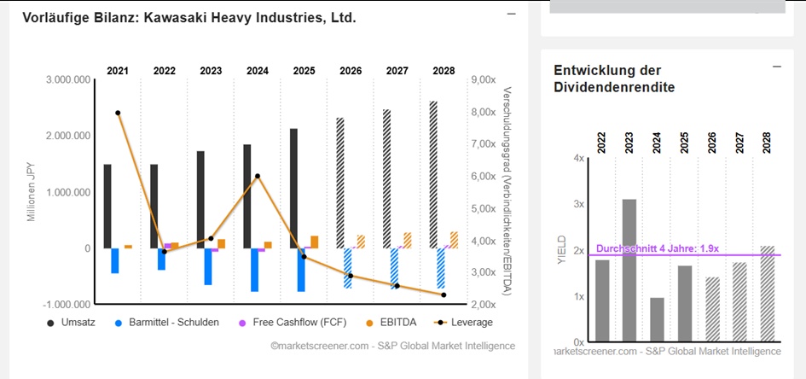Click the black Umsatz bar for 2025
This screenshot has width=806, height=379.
coord(293,188)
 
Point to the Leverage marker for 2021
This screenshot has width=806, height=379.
coord(118,113)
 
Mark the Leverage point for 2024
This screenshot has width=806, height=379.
coord(257,176)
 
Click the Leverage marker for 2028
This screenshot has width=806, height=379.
coord(444,295)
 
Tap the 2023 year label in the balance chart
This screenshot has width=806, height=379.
coord(211,71)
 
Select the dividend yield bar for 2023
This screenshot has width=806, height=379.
coord(629,270)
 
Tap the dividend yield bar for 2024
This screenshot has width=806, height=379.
coord(656,319)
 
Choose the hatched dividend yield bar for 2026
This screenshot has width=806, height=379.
coord(713,309)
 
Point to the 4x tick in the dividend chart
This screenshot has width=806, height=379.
coord(579,159)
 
